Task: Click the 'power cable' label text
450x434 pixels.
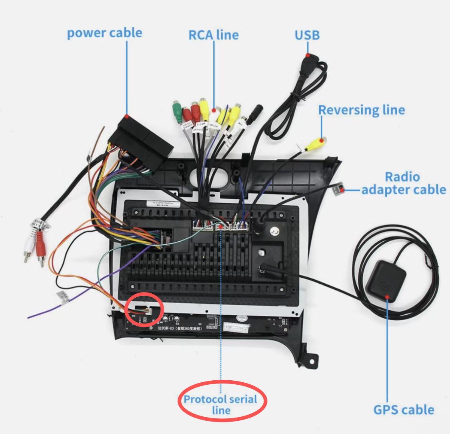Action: [x=104, y=33]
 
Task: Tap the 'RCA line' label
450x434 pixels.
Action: [x=214, y=35]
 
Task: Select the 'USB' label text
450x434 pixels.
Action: [x=307, y=35]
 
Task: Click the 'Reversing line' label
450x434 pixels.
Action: [x=362, y=110]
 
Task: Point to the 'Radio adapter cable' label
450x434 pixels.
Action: [x=403, y=183]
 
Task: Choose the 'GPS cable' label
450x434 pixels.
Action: [x=404, y=410]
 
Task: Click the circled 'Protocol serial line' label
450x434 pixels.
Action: [x=221, y=404]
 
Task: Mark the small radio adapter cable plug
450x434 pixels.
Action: [x=338, y=188]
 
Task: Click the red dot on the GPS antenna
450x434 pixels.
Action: [x=387, y=297]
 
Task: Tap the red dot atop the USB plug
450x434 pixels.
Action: [x=307, y=55]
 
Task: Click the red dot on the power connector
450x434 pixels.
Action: [x=126, y=117]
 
